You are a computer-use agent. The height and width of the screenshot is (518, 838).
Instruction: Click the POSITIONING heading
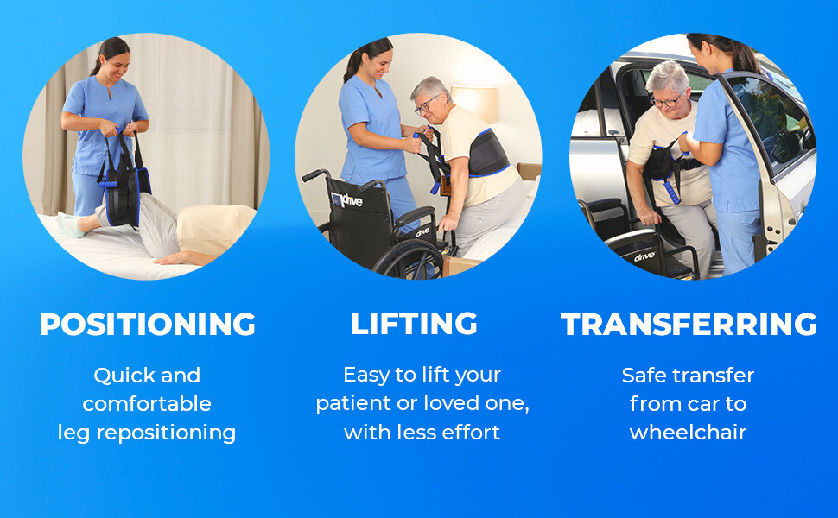[x=148, y=324]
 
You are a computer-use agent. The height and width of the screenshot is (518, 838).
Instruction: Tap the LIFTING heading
[x=414, y=323]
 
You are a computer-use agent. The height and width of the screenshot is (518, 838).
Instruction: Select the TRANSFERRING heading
[x=689, y=324]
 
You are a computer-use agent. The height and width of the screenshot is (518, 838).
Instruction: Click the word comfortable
[x=147, y=404]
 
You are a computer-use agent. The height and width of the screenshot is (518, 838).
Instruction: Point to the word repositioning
[x=166, y=433]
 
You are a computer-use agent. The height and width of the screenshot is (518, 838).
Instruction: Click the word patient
[x=353, y=404]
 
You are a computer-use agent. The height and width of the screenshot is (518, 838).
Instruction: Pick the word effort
[x=472, y=432]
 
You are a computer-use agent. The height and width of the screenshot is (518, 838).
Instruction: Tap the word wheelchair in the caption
[x=688, y=432]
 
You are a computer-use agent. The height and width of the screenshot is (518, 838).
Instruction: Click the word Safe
[x=642, y=375]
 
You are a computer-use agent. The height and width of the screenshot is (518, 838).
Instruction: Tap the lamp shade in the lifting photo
[x=474, y=103]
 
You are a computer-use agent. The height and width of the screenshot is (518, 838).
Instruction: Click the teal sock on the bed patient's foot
[x=72, y=224]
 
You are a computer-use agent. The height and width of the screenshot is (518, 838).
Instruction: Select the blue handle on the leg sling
[x=109, y=185]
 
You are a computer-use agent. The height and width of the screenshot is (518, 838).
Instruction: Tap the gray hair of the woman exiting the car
[x=667, y=76]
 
